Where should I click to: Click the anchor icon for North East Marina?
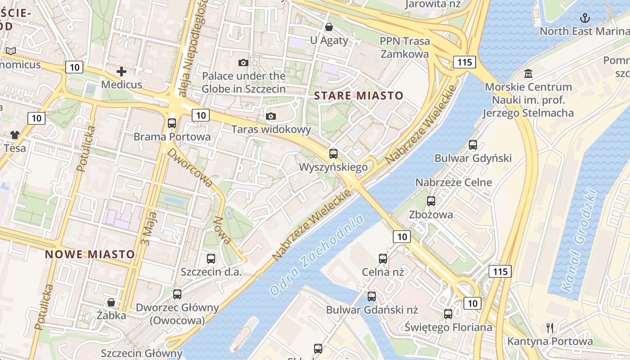point(585,18)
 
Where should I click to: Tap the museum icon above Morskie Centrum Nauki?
point(528,73)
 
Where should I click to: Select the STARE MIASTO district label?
point(359,95)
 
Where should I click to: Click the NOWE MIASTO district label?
point(90,254)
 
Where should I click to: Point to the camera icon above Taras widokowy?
point(270,117)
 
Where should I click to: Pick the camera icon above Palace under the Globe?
point(243,63)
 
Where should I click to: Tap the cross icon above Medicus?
point(121,71)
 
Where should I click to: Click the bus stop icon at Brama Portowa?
point(172,123)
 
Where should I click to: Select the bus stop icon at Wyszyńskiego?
point(333,153)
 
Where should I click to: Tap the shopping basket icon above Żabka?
point(111,302)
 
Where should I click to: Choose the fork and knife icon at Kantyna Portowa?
point(549,328)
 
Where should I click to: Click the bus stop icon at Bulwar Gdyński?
point(473,145)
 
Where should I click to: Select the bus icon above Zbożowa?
point(431,201)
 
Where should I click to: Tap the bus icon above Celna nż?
point(383,259)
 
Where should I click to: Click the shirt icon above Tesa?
point(15,135)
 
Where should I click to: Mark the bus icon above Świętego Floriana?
point(448,314)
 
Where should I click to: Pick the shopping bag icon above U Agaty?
point(329,27)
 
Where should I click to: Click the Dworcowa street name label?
point(190,167)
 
